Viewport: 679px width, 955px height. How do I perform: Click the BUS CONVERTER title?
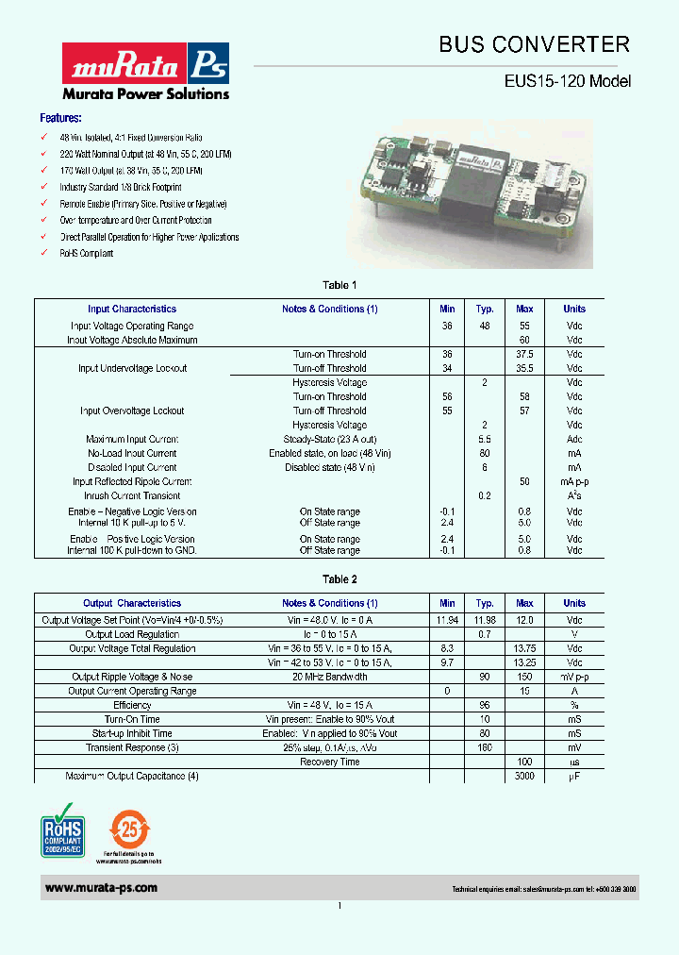(534, 44)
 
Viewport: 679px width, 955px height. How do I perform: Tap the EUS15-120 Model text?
(567, 82)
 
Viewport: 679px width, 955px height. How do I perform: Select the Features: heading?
(60, 119)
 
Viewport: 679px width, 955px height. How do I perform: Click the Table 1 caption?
(339, 285)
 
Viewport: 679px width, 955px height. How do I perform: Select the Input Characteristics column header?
(132, 309)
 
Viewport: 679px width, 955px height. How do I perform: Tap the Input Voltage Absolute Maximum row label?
(132, 340)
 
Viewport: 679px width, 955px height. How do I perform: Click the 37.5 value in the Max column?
(524, 354)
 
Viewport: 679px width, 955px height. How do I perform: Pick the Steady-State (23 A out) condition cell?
(330, 439)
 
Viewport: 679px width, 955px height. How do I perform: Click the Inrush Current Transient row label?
(132, 495)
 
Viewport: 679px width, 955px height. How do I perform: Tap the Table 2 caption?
(339, 579)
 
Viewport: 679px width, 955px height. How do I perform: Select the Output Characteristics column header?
(132, 603)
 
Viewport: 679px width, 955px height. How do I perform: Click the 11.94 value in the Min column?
(447, 620)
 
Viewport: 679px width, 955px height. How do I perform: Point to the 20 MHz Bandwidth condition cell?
(330, 677)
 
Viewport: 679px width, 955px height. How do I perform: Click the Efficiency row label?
(132, 705)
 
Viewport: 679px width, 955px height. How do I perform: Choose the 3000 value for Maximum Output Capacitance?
(524, 776)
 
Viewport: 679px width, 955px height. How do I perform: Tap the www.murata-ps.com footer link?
(101, 888)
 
